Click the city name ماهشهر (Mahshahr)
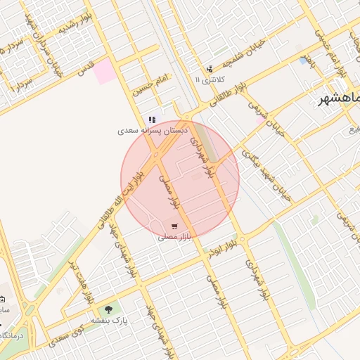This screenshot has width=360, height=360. (x=338, y=99)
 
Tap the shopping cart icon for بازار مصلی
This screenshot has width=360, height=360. (x=174, y=226)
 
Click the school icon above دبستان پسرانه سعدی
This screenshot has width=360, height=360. (x=152, y=120)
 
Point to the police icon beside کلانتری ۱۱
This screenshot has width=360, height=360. (x=210, y=69)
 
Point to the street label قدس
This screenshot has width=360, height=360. (x=85, y=70)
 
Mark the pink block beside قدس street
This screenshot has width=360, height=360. (x=105, y=71)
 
